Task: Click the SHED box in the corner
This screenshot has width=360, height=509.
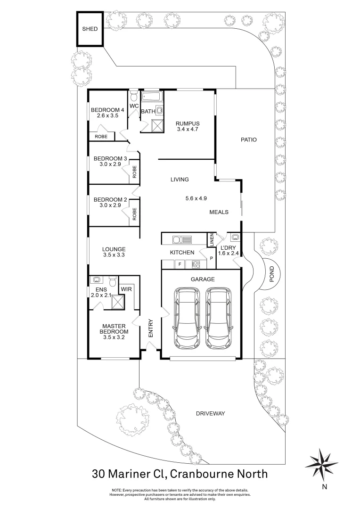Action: (x=90, y=29)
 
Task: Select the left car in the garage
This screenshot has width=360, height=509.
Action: (x=187, y=318)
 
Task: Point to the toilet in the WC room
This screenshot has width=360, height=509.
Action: (x=134, y=96)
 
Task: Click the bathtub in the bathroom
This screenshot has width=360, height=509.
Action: (x=152, y=98)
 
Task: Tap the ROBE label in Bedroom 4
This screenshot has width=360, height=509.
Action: (x=101, y=137)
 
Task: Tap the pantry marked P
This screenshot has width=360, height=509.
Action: (x=211, y=258)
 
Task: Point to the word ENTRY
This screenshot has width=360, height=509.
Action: (x=151, y=328)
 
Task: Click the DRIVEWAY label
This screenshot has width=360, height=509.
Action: (x=210, y=413)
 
